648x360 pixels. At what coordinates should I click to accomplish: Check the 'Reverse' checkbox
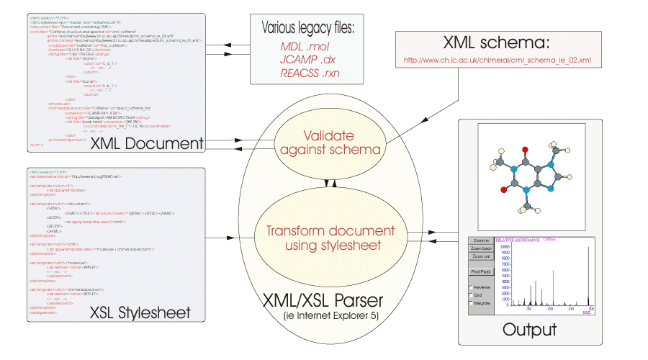[x=472, y=287]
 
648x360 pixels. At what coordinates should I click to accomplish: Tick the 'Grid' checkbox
[x=472, y=294]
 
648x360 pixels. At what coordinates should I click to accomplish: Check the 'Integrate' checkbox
[x=472, y=302]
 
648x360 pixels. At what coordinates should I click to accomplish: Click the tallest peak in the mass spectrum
[x=588, y=274]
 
